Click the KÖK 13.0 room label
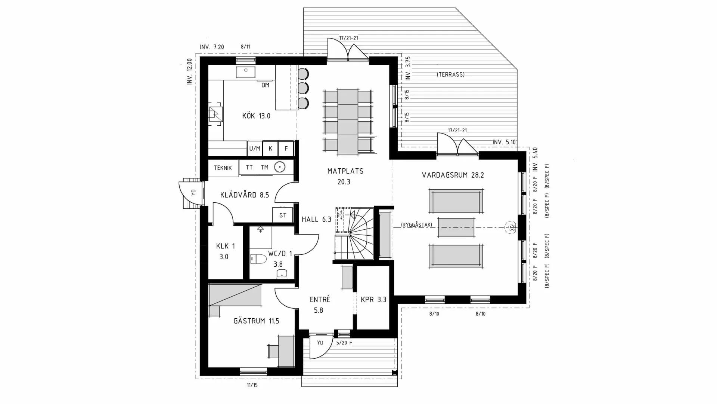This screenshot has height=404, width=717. (256, 116)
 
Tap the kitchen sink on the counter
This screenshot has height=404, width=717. (246, 72)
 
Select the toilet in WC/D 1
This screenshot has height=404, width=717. (258, 259)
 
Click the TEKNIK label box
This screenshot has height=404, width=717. (223, 168)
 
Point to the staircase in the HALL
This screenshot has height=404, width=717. (355, 234)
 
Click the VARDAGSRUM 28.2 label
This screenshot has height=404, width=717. (453, 175)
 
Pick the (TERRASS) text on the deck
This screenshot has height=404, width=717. (451, 74)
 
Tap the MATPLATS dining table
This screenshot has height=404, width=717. (348, 122)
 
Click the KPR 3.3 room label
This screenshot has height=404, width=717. (373, 300)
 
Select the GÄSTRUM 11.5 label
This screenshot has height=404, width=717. (256, 321)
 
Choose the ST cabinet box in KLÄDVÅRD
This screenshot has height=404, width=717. (283, 215)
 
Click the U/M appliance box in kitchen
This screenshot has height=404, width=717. (255, 149)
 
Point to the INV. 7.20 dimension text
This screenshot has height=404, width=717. (212, 47)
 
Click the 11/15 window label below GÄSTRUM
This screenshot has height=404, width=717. (252, 385)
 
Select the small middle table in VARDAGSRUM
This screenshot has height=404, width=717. (456, 227)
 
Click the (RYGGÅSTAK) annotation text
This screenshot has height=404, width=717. (416, 225)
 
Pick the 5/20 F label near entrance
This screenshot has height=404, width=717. (344, 343)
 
